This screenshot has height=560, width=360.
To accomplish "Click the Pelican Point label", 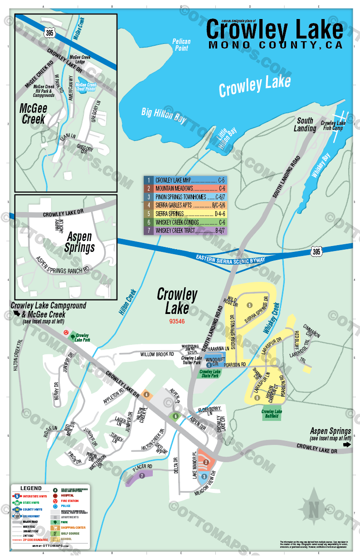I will point(181,44).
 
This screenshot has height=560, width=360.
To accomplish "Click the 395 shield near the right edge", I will point(317,251).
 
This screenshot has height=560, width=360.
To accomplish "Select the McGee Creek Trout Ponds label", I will point(86,87).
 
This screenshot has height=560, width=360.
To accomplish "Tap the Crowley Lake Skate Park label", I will point(210,374).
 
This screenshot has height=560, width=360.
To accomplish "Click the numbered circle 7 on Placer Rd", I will point(142,476).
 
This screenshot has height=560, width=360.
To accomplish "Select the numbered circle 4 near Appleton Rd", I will point(146,395).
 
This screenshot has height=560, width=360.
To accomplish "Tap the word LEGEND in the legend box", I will point(31,488).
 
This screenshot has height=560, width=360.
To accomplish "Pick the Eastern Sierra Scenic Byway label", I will point(230,258).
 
